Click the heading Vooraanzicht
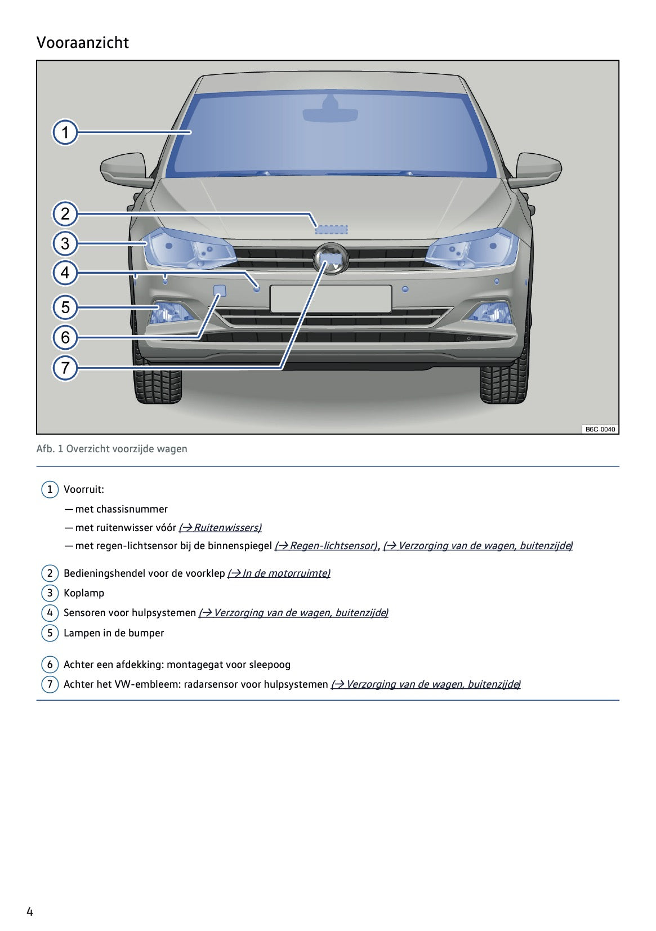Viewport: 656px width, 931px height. [83, 43]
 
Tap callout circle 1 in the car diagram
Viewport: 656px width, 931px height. [65, 133]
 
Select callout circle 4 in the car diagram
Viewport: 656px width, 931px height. [65, 273]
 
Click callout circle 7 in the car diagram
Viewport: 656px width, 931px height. [65, 368]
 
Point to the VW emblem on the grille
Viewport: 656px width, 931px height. [331, 259]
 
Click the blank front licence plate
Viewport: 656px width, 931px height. [331, 299]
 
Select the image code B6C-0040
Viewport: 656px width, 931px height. [600, 429]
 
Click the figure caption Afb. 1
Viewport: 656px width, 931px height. [111, 449]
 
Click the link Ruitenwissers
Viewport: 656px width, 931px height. [220, 528]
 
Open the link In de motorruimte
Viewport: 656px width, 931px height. [279, 573]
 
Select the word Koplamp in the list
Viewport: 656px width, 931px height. [84, 593]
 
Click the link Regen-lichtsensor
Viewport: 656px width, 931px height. [326, 546]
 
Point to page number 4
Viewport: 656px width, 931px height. [30, 911]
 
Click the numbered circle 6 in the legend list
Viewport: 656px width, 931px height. [50, 665]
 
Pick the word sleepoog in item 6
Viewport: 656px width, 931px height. [270, 665]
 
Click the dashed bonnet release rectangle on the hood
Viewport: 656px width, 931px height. [331, 229]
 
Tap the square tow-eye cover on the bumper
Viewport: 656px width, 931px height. [220, 291]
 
